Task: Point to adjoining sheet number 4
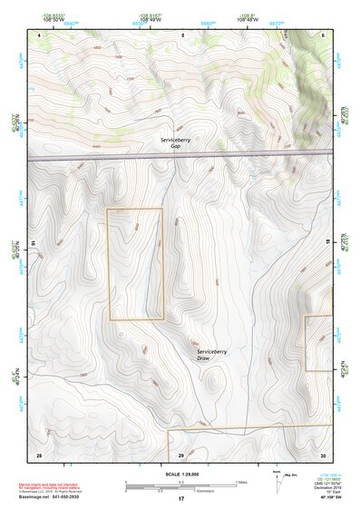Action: click(x=40, y=34)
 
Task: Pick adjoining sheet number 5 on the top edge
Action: click(x=182, y=34)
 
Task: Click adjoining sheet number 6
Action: click(x=323, y=34)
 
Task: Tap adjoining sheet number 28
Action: click(x=39, y=454)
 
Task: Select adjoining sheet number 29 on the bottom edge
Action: click(x=180, y=454)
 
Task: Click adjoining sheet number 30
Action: click(x=323, y=454)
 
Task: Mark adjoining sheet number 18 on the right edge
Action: click(x=327, y=244)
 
